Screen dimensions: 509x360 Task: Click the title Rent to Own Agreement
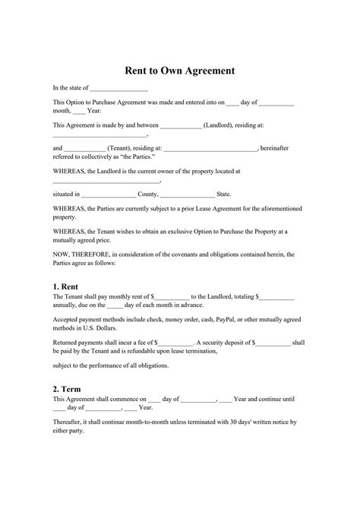pos(180,70)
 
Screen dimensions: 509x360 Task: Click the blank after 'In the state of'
pos(119,88)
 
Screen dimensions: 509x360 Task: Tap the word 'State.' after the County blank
pos(224,194)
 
